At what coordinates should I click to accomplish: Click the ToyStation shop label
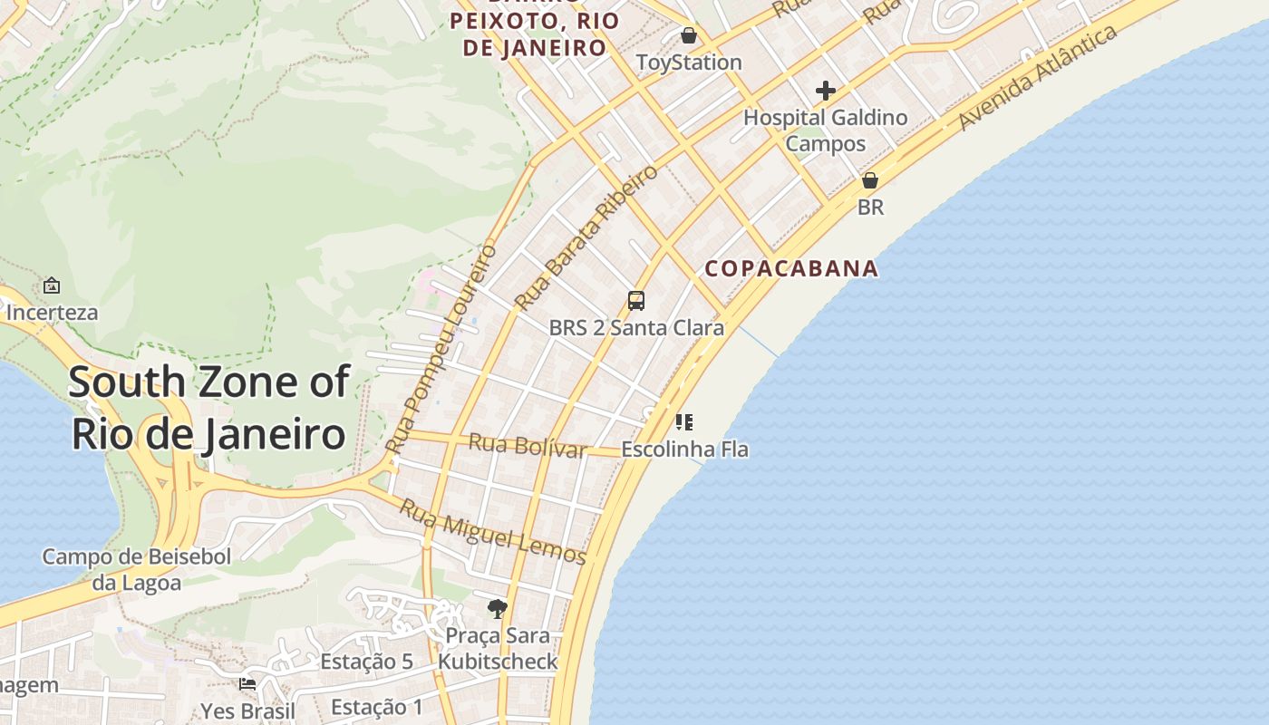(689, 63)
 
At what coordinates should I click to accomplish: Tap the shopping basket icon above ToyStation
(689, 35)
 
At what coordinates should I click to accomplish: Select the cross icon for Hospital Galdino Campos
(825, 91)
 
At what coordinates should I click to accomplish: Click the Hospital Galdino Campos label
(825, 130)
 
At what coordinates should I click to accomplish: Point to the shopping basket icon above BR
(870, 180)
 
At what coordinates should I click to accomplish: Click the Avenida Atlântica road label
(1038, 78)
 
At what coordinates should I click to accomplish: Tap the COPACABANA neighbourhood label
(791, 268)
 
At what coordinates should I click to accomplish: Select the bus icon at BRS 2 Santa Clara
(636, 301)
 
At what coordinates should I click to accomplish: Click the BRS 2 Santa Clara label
(636, 327)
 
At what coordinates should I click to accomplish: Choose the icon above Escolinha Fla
(684, 422)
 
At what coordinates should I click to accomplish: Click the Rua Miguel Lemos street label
(493, 532)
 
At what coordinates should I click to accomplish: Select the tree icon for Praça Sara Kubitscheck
(497, 609)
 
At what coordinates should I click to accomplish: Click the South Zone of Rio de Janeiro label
(208, 408)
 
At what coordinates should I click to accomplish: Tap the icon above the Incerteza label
(52, 285)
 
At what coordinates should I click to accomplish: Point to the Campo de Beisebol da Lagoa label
(137, 569)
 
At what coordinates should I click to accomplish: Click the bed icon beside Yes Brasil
(247, 684)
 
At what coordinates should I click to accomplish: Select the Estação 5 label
(366, 662)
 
